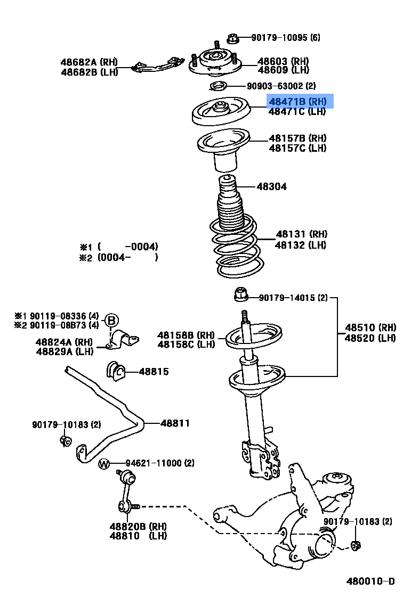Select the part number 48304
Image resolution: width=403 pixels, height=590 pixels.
coord(271,186)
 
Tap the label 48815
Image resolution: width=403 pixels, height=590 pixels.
coord(154,371)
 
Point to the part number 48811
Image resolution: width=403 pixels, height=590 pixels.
coord(175,423)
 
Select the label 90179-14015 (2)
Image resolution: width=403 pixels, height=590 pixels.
coord(293,298)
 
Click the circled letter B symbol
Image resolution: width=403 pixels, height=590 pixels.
coord(111,321)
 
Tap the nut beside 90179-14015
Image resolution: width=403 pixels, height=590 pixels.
coord(240,293)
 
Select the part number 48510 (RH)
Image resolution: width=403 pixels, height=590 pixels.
coord(370,327)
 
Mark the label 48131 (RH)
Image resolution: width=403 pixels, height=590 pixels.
coord(301,234)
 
